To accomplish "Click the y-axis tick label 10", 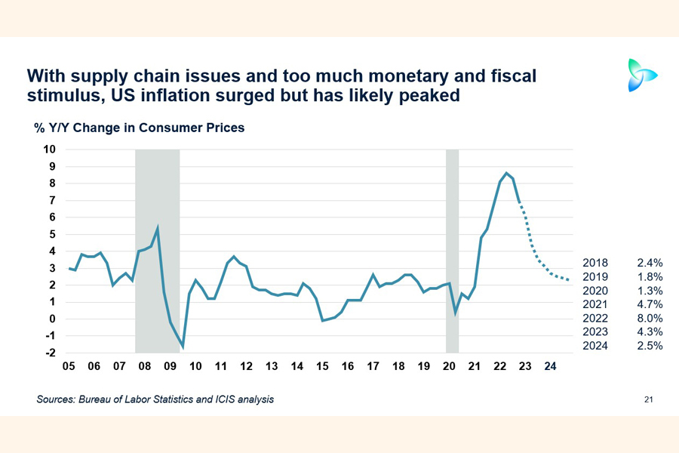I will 49,149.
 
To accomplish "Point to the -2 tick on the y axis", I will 50,353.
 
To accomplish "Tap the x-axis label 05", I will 69,367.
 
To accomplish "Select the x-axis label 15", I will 322,367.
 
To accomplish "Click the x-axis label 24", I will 551,367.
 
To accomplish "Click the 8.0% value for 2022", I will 649,319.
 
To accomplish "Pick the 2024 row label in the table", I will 595,346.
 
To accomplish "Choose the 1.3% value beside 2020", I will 649,291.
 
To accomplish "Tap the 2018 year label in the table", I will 595,263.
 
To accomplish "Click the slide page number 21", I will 648,399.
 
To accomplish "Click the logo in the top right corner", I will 642,75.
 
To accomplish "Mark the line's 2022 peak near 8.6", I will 506,173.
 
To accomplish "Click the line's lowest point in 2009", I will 183,347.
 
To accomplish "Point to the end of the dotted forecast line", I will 569,281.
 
